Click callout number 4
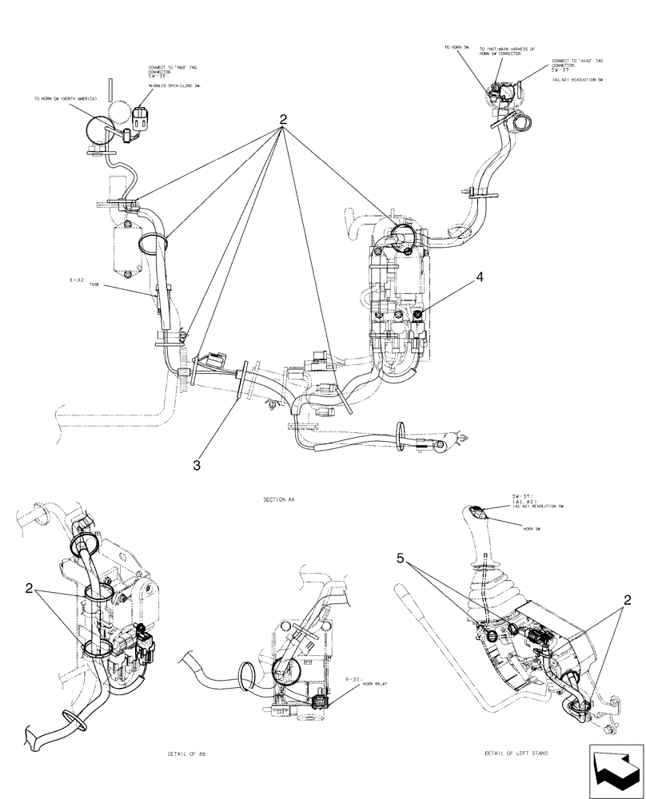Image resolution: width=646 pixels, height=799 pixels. [479, 277]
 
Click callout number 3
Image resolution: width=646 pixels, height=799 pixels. [197, 464]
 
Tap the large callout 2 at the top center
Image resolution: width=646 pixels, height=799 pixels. [282, 118]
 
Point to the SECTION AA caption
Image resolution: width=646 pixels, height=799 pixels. [278, 499]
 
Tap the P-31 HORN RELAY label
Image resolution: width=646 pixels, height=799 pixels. [364, 682]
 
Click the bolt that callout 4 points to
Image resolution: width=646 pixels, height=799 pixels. [418, 318]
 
